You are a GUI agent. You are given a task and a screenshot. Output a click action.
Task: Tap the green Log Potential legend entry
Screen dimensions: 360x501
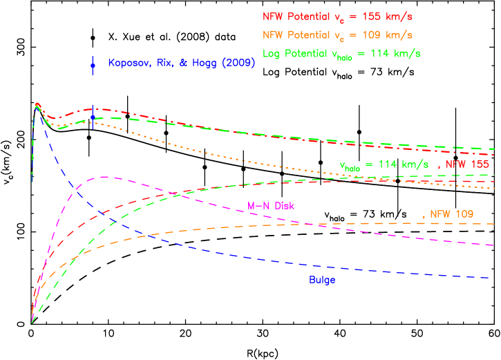[341, 53]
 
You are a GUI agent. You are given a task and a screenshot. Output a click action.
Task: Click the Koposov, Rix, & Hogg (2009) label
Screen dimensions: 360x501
[182, 63]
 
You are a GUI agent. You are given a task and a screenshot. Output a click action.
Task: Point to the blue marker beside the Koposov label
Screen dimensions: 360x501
[93, 65]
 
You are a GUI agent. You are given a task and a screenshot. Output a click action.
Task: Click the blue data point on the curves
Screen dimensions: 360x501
[93, 118]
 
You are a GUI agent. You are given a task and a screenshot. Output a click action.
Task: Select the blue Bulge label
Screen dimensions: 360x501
[322, 280]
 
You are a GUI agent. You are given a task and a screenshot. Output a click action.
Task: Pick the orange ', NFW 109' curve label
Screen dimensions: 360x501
[448, 214]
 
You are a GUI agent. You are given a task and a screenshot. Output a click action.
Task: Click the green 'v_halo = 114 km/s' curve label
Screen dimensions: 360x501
[384, 165]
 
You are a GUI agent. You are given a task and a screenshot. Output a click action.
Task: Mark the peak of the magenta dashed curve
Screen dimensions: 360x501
[104, 177]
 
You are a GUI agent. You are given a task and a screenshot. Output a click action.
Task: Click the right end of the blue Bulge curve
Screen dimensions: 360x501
[491, 277]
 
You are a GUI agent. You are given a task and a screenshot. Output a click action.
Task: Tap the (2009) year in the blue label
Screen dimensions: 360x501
[243, 63]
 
